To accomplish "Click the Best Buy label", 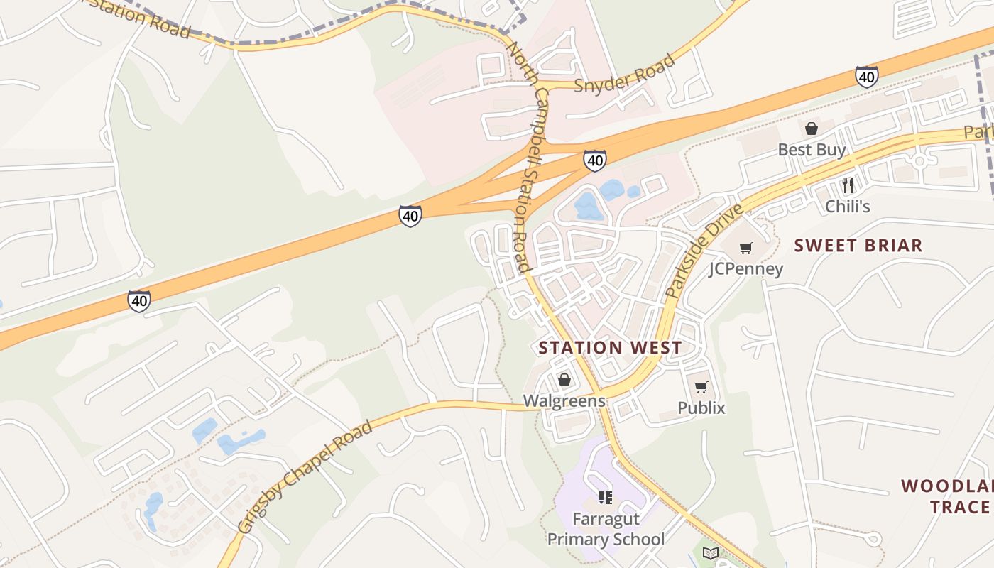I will coord(812,150).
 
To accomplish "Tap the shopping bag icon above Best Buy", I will coord(812,129).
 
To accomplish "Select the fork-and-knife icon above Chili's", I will coord(847,185).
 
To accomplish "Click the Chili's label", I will coord(847,207).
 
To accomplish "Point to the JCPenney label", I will coord(745,269).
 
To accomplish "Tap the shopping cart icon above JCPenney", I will coord(745,248).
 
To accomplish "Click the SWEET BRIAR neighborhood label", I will coord(858,246).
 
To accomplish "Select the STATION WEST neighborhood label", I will coord(610,348).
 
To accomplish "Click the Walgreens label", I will coord(564,401).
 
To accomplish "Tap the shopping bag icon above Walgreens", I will coord(564,380).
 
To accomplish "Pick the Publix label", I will coord(701,408).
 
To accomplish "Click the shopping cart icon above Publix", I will coord(701,387).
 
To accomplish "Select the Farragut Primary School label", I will coord(606,529).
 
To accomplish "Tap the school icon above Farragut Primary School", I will coord(606,497).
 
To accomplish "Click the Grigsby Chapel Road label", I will coord(305,477).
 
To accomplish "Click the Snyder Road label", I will coord(623,74).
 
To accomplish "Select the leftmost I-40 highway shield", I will coord(139,301).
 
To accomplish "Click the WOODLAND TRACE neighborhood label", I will coord(948,496).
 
